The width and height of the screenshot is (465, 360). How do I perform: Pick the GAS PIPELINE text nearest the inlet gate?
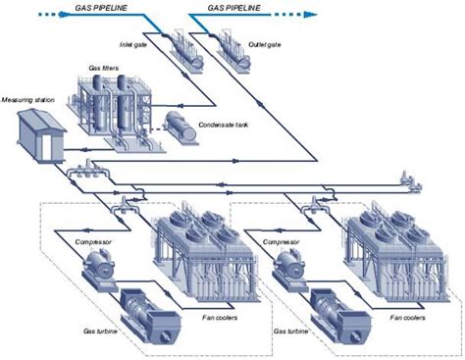click(x=107, y=8)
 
